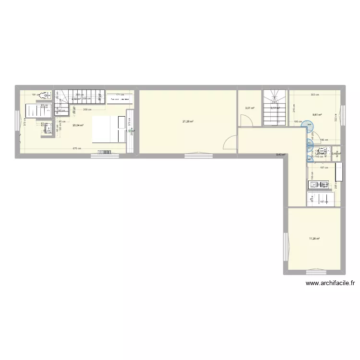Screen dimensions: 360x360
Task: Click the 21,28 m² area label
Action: (x=188, y=121)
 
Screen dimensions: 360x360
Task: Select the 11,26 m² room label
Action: (x=314, y=238)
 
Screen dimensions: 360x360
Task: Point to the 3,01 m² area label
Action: (x=249, y=108)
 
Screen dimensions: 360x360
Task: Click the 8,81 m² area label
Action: (x=317, y=115)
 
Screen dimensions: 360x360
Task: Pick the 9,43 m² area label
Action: (x=281, y=155)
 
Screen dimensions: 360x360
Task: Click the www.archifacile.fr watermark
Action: (x=330, y=284)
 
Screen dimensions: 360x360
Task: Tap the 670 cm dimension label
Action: (x=76, y=148)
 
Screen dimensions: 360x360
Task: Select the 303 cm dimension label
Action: (x=314, y=95)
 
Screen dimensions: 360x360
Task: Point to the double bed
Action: (x=108, y=129)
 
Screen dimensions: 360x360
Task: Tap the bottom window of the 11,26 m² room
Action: (x=315, y=270)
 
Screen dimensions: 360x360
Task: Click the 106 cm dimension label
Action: (x=298, y=121)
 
